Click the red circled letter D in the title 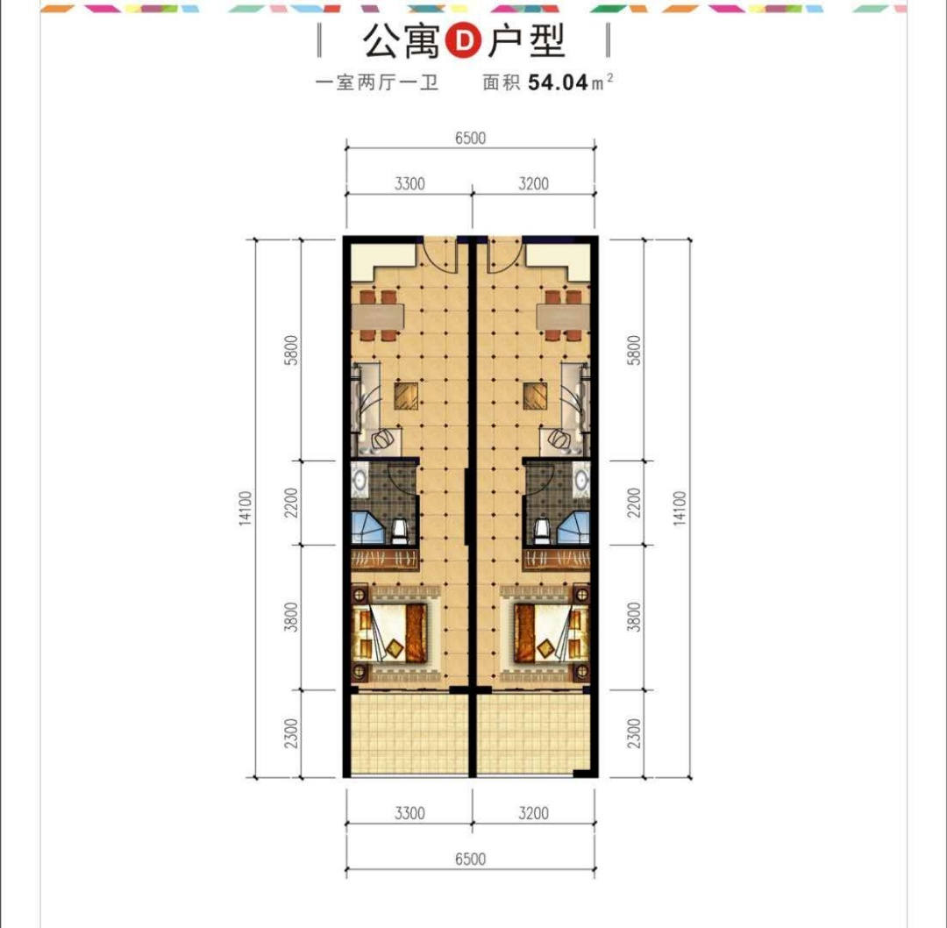point(463,41)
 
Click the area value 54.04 point(558,82)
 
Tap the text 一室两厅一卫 point(377,82)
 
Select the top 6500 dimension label point(471,138)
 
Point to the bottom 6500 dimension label point(471,859)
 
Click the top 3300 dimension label point(409,183)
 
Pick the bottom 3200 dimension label point(534,812)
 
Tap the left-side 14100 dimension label point(245,508)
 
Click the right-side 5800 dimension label point(634,350)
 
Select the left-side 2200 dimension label point(292,502)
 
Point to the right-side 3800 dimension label point(633,617)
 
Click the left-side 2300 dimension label point(292,733)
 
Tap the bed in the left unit point(393,632)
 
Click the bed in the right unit point(551,632)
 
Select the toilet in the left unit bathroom point(400,532)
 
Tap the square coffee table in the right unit point(535,395)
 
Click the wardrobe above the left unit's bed point(385,559)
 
